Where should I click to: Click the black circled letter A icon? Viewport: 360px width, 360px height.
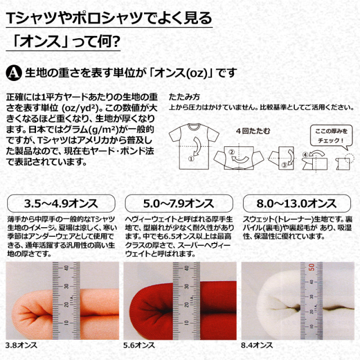tap(13, 73)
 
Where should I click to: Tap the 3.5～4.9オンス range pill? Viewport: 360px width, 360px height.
tap(61, 204)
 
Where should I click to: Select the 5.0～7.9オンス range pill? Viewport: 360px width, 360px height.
tap(179, 204)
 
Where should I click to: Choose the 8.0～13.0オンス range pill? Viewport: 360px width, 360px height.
tap(297, 204)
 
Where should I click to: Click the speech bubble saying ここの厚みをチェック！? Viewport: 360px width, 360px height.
tap(331, 136)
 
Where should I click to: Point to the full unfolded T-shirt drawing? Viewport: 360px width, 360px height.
tap(194, 146)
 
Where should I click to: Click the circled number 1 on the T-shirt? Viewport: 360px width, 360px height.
tap(191, 159)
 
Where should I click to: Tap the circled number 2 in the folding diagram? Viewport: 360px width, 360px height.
tap(231, 152)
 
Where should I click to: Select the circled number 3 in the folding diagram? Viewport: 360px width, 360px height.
tap(284, 165)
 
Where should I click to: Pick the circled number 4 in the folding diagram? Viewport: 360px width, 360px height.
tap(305, 155)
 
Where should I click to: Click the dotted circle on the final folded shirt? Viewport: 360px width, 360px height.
tap(349, 157)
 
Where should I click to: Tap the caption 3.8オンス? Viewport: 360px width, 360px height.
tap(21, 345)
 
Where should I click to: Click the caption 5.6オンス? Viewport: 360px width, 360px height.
tap(139, 345)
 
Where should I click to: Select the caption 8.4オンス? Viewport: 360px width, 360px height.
tap(257, 345)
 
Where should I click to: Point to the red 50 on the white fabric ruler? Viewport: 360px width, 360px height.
tap(311, 267)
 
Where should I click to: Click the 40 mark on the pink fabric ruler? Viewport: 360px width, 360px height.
tap(66, 268)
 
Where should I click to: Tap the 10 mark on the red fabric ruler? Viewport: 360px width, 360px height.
tap(187, 322)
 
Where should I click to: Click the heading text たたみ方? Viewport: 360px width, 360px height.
tap(184, 97)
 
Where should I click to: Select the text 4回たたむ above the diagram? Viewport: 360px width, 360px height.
tap(253, 131)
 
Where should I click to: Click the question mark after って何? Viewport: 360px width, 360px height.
tap(116, 41)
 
